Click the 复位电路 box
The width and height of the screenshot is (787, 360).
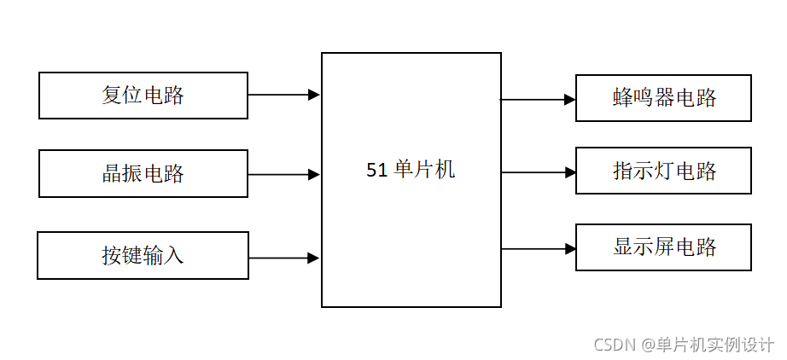(x=143, y=95)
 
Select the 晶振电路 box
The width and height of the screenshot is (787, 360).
(x=143, y=174)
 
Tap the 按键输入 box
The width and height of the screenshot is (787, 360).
(x=143, y=255)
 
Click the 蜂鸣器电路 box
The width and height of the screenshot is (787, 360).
(x=663, y=98)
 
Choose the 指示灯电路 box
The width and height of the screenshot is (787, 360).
(x=663, y=171)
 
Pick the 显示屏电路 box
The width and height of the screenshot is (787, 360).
(x=663, y=247)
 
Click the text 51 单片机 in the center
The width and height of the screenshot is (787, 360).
(x=411, y=170)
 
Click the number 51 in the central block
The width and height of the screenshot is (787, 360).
(x=376, y=170)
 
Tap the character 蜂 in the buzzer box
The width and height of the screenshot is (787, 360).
(x=622, y=98)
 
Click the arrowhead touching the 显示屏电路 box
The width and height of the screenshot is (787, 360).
(x=569, y=248)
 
